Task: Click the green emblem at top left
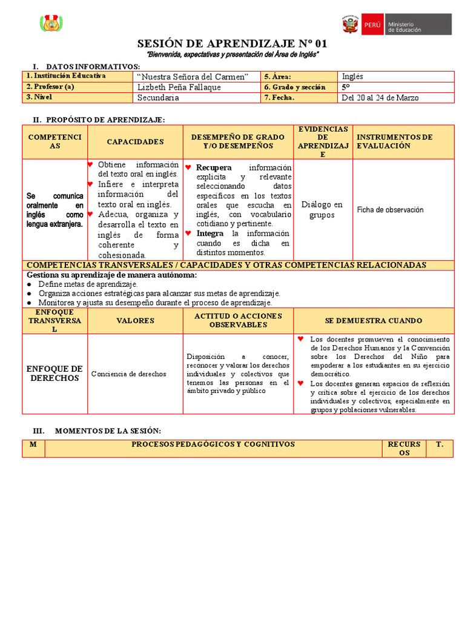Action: click(x=51, y=24)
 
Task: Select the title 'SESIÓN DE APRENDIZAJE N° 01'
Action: click(x=232, y=44)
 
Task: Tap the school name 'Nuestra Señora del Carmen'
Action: click(x=193, y=76)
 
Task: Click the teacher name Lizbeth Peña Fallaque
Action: click(x=179, y=87)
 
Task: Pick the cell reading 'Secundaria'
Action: click(x=158, y=98)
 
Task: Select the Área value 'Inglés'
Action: click(x=352, y=76)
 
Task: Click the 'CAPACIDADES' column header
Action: click(x=135, y=142)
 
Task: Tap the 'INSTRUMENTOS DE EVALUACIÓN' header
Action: click(x=395, y=141)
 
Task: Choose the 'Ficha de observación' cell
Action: click(x=390, y=210)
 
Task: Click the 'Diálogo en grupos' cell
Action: click(x=322, y=210)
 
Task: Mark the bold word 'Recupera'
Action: click(x=214, y=167)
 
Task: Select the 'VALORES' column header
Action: click(x=135, y=321)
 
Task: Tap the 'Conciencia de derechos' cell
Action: click(x=128, y=374)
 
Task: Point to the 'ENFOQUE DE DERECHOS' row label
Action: click(x=54, y=374)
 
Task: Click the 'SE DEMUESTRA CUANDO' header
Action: click(x=373, y=321)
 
